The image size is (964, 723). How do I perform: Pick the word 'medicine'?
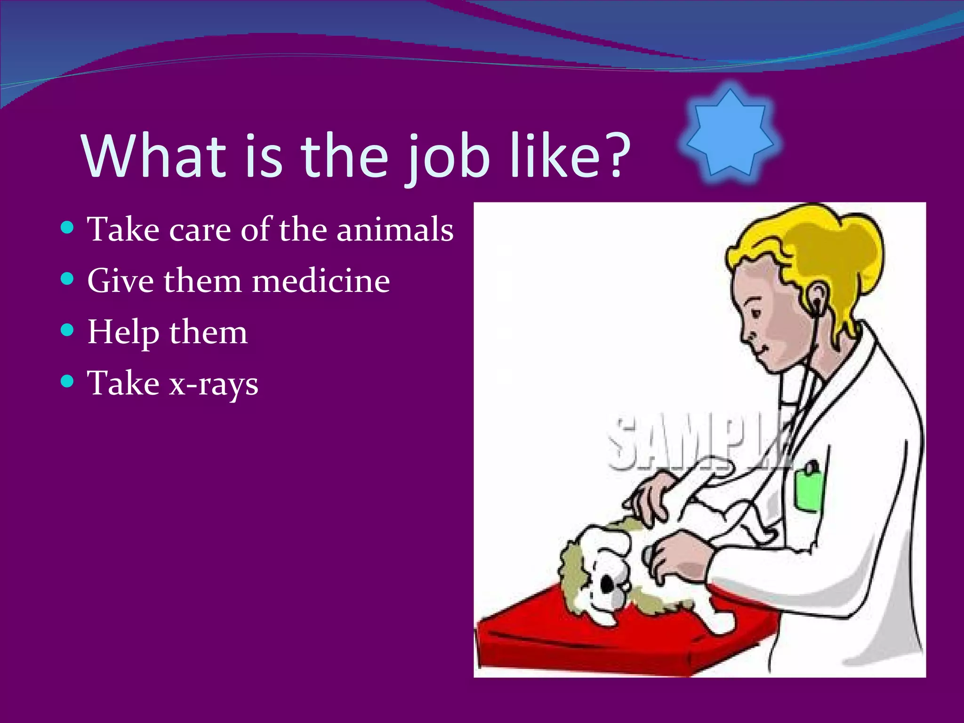click(321, 281)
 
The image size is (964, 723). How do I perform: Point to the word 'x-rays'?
click(214, 384)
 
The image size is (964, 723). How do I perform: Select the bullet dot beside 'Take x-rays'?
click(68, 381)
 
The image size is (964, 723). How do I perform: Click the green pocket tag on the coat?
click(809, 490)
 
